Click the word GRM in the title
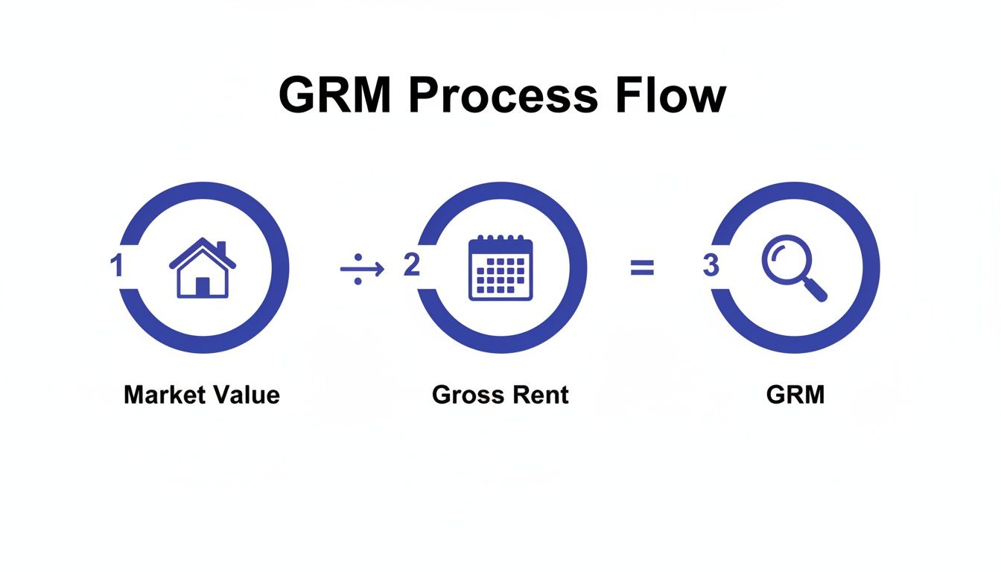[x=335, y=95]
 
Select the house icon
[x=203, y=268]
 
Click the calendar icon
[x=500, y=268]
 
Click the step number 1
[x=116, y=267]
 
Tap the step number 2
[x=411, y=266]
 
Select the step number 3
[x=710, y=267]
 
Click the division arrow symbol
[x=362, y=268]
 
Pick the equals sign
[x=642, y=268]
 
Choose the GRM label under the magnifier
[x=795, y=394]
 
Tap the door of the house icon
[x=203, y=286]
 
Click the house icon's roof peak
[x=203, y=241]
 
